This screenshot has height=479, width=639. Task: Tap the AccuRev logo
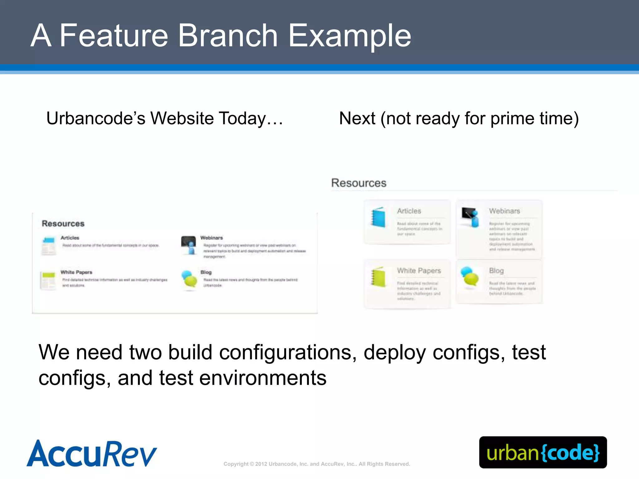pyautogui.click(x=92, y=453)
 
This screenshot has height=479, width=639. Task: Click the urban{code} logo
pyautogui.click(x=543, y=452)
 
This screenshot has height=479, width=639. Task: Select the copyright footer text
pyautogui.click(x=317, y=464)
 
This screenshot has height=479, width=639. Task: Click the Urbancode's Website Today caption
pyautogui.click(x=164, y=119)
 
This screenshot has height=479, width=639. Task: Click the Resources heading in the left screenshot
pyautogui.click(x=63, y=224)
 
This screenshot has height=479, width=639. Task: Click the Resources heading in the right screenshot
pyautogui.click(x=359, y=183)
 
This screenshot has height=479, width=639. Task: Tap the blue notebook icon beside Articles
pyautogui.click(x=378, y=217)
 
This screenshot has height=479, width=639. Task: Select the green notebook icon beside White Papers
pyautogui.click(x=378, y=277)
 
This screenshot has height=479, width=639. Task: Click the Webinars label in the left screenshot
pyautogui.click(x=212, y=238)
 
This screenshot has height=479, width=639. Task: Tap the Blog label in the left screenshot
pyautogui.click(x=206, y=272)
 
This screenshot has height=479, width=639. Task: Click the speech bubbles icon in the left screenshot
pyautogui.click(x=189, y=279)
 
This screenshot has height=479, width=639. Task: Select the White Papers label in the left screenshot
pyautogui.click(x=76, y=272)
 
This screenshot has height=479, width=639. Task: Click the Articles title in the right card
pyautogui.click(x=409, y=211)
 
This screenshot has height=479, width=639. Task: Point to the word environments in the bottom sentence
pyautogui.click(x=263, y=378)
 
